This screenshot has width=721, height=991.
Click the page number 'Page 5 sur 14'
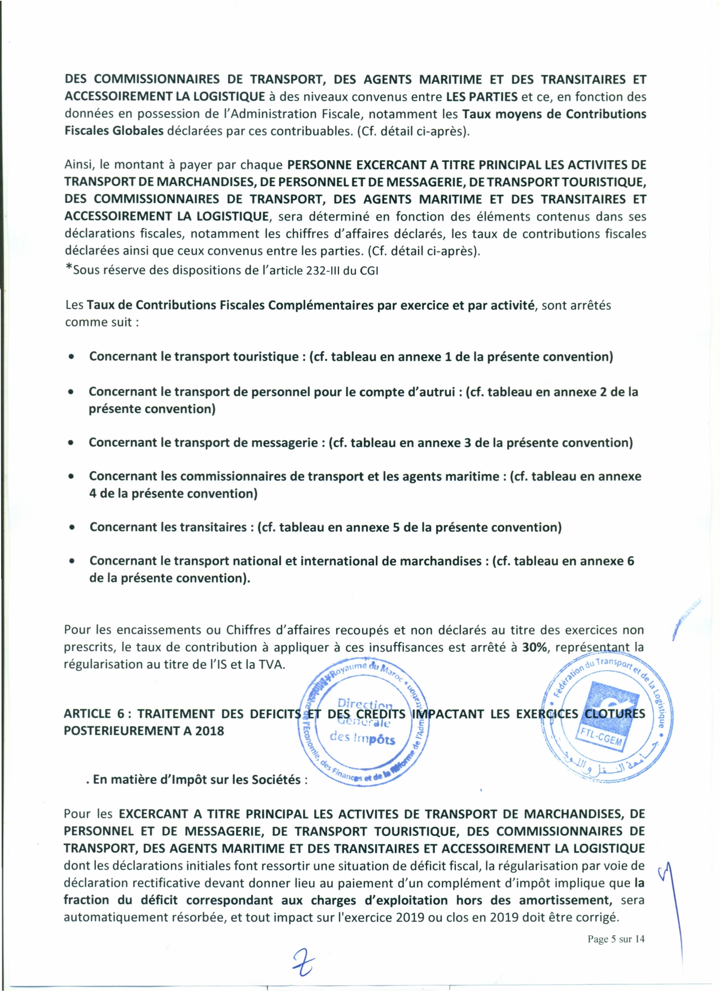click(616, 939)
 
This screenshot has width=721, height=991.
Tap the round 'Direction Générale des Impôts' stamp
click(362, 723)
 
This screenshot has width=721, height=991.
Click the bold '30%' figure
click(534, 647)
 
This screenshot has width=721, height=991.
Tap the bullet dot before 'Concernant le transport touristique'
click(71, 357)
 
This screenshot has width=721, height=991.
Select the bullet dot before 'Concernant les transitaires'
click(71, 528)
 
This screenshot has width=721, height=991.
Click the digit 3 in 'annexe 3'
click(468, 443)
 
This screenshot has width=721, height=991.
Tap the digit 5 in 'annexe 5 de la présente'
click(396, 527)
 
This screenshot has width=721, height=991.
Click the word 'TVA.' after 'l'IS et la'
click(272, 664)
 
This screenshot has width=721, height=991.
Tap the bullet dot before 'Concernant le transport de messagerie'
click(71, 443)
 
